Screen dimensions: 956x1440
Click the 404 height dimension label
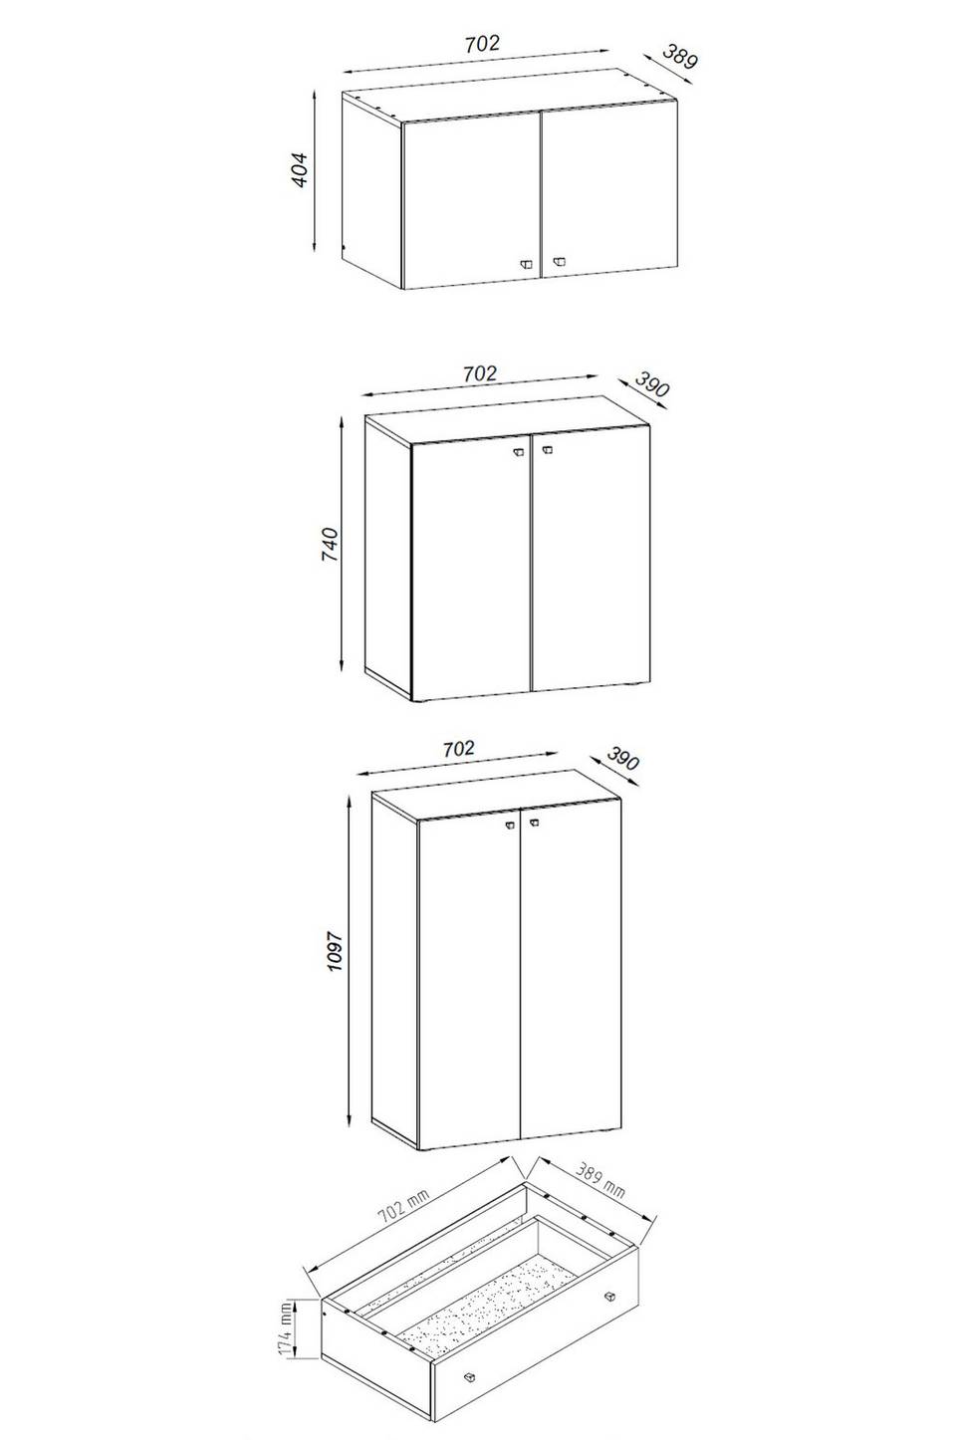[x=300, y=170]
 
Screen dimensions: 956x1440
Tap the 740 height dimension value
[x=330, y=545]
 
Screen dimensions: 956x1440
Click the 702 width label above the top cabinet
[x=482, y=43]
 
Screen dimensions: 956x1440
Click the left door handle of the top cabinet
[x=527, y=263]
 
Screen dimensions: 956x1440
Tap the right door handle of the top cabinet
[x=558, y=262]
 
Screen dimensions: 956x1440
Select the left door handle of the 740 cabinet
[x=518, y=452]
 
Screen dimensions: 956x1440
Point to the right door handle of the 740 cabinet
[x=547, y=451]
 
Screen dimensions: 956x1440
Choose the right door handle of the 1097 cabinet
[x=534, y=822]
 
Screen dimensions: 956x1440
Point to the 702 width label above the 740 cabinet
[x=480, y=372]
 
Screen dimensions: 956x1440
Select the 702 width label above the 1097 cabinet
[x=458, y=748]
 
